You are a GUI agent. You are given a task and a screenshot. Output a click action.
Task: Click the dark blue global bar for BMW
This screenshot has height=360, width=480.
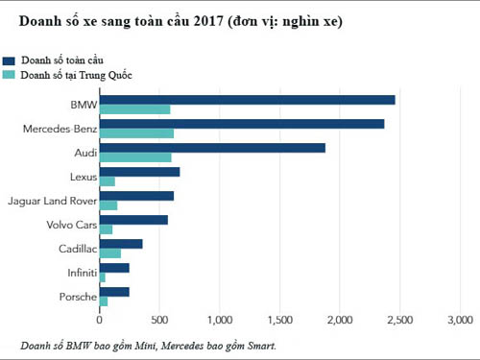pyautogui.click(x=248, y=99)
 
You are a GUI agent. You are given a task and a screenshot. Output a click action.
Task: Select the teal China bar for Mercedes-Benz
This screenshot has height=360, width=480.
pyautogui.click(x=136, y=133)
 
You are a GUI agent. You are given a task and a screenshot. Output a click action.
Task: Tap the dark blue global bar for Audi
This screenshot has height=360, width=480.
pyautogui.click(x=212, y=147)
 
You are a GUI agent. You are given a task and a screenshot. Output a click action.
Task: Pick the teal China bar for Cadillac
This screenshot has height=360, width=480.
pyautogui.click(x=110, y=253)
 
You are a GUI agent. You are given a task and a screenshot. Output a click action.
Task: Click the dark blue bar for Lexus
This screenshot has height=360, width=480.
pyautogui.click(x=139, y=172)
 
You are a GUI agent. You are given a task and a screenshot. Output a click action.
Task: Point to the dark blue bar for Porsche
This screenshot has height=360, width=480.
pyautogui.click(x=114, y=291)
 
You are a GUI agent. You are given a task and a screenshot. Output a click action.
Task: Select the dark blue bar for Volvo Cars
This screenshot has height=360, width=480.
pyautogui.click(x=133, y=220)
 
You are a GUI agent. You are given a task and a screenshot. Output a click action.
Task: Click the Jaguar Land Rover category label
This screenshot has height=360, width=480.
pyautogui.click(x=51, y=201)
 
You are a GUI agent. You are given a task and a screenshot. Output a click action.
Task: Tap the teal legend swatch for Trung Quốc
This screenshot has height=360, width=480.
pyautogui.click(x=10, y=74)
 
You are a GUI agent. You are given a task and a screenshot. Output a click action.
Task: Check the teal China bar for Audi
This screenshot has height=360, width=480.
pyautogui.click(x=135, y=157)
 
